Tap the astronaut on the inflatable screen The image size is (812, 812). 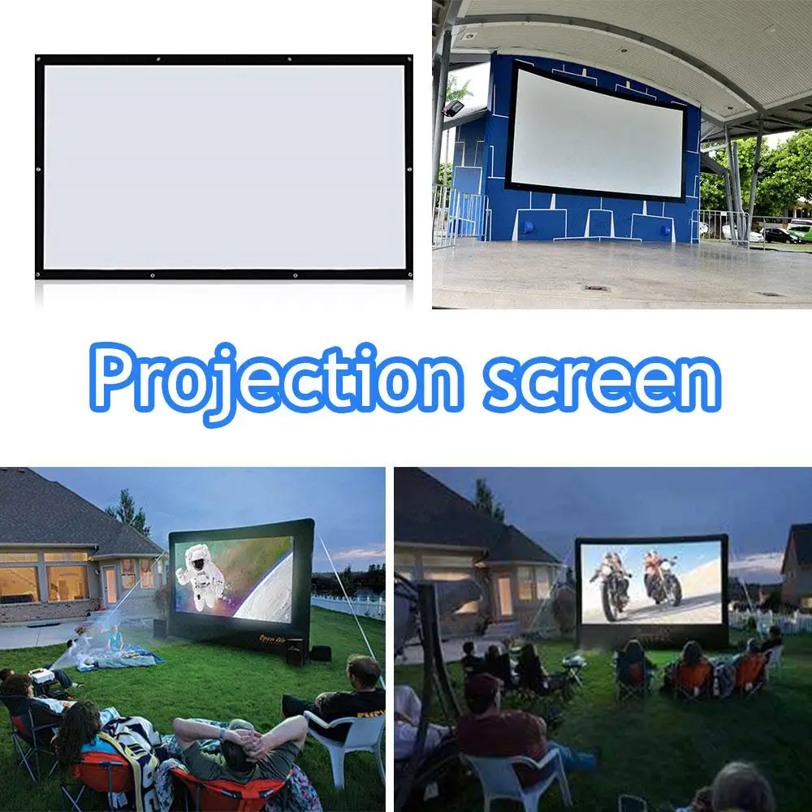coord(200,575)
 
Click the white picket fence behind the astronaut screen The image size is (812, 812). coord(349,605)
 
